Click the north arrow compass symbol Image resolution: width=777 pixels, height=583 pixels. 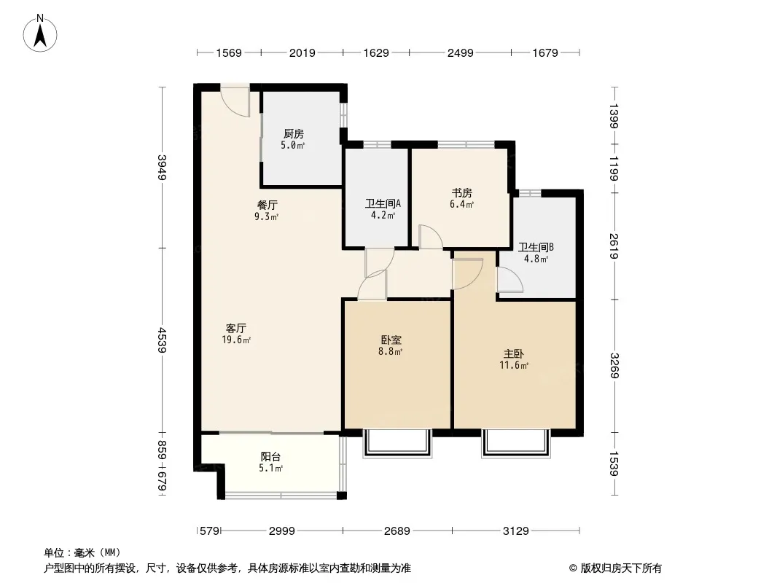(40, 34)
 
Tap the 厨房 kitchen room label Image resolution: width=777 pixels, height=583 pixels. (293, 134)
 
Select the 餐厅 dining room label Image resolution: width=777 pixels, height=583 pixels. (267, 205)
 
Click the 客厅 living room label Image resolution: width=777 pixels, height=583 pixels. (236, 329)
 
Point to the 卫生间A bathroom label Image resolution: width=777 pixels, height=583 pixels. (383, 203)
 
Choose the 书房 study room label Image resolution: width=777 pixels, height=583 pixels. (462, 192)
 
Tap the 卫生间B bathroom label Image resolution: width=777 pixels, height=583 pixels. (536, 247)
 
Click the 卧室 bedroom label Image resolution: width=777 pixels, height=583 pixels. (391, 340)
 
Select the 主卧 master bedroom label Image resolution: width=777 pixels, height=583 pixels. (513, 354)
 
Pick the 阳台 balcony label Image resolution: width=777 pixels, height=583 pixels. (270, 457)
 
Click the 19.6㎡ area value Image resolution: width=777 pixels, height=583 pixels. (236, 340)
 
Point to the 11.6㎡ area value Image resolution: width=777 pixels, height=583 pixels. (513, 366)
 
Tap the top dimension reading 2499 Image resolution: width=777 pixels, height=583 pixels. (461, 53)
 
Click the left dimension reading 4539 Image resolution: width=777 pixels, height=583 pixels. (162, 340)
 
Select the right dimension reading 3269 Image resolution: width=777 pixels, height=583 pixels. (614, 366)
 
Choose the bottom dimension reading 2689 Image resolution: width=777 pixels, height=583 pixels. (397, 531)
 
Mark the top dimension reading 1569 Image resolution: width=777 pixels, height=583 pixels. (228, 53)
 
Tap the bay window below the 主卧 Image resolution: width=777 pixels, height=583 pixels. (516, 443)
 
